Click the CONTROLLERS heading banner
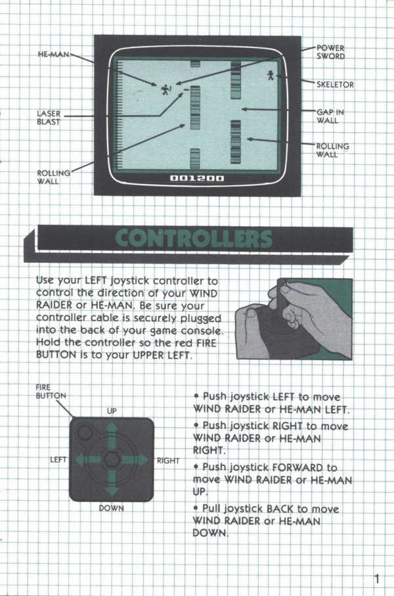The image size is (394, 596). click(x=194, y=239)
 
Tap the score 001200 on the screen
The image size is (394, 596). click(x=197, y=178)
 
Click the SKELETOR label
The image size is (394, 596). click(x=335, y=84)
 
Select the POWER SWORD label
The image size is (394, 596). click(x=330, y=53)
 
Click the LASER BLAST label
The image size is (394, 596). click(x=49, y=118)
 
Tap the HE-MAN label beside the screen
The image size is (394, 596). click(x=54, y=55)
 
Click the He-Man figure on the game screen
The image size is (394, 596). click(x=165, y=90)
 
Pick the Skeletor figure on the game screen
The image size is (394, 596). click(x=271, y=76)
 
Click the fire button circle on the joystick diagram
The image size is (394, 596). click(x=84, y=432)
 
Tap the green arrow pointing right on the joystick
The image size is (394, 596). click(x=135, y=460)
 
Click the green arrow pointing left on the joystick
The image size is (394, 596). click(x=88, y=460)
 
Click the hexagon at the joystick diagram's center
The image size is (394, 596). click(x=112, y=459)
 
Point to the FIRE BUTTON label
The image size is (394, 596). click(x=51, y=392)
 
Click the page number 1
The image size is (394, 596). click(x=376, y=579)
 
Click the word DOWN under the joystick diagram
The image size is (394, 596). click(x=112, y=508)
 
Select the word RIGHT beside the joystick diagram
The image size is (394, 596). click(x=168, y=461)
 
